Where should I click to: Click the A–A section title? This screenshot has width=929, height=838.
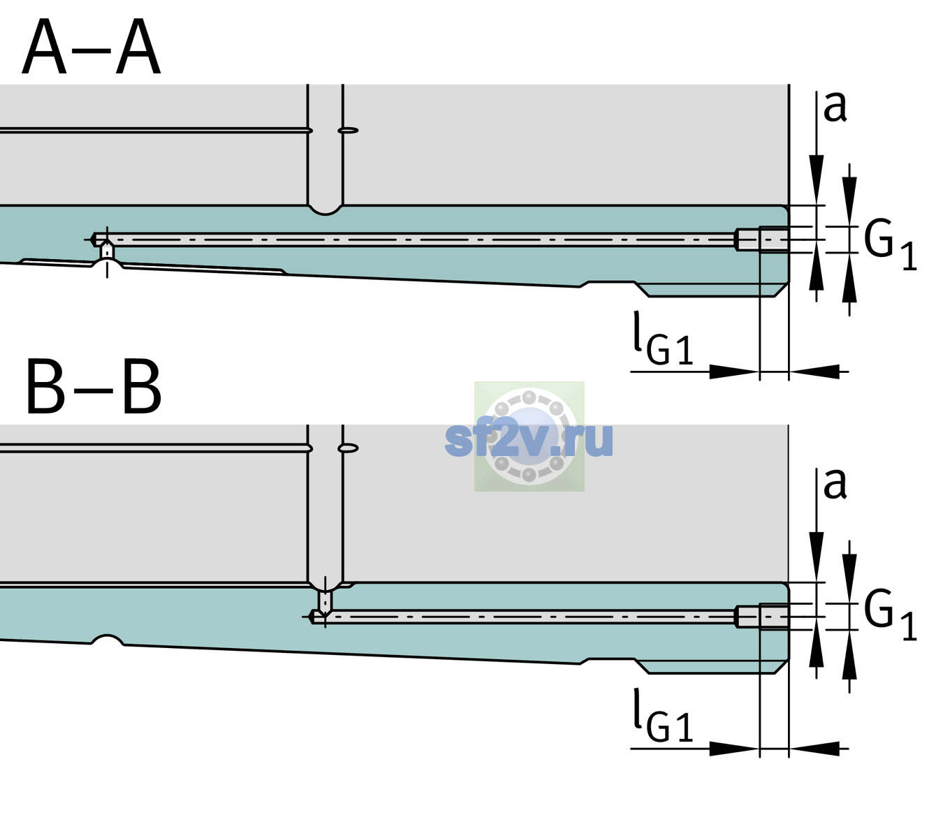coord(92,47)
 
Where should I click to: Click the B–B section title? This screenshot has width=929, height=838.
coord(94,387)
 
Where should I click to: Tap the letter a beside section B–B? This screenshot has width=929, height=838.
coord(835,484)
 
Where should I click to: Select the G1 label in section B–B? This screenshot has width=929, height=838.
coord(890,617)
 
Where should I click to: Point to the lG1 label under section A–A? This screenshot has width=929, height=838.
coord(663,339)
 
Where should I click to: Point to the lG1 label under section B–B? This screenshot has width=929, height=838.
coord(663,716)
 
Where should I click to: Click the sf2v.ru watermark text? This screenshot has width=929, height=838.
coord(528,440)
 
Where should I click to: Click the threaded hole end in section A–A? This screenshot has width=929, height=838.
coord(763,240)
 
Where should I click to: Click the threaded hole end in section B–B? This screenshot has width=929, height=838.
coord(763,617)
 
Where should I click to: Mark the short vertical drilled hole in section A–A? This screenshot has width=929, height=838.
coord(107,251)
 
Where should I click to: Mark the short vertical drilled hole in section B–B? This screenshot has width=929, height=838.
coord(325,600)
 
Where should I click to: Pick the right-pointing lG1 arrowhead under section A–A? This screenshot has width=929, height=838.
coord(735,372)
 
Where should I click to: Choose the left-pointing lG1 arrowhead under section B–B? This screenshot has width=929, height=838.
coord(814,748)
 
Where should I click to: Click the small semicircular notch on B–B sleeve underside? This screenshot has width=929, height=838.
coord(108,640)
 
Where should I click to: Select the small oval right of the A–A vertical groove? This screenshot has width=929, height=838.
coord(349,131)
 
